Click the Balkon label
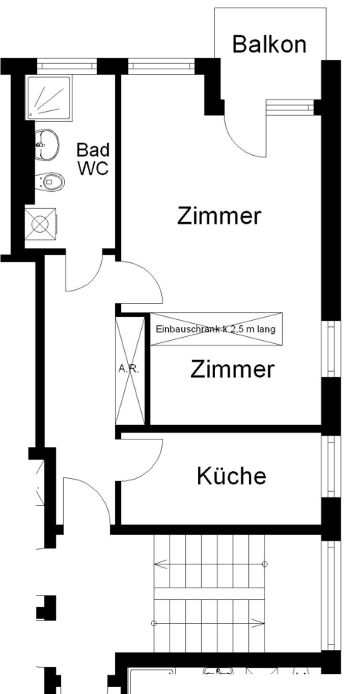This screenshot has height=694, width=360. [x=269, y=44]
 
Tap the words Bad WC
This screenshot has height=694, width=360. [x=93, y=159]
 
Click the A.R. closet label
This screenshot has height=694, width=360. [x=129, y=369]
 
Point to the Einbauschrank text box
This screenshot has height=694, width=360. [x=216, y=328]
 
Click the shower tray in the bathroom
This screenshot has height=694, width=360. [x=49, y=98]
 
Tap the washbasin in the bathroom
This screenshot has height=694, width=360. [x=46, y=144]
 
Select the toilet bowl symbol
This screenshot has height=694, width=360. [x=49, y=181]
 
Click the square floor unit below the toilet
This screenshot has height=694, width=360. [x=40, y=224]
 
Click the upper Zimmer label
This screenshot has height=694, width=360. [x=219, y=216]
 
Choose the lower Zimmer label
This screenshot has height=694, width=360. [x=232, y=369]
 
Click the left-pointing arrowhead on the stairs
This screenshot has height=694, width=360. [x=160, y=564]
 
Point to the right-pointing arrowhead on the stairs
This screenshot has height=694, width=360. [x=258, y=623]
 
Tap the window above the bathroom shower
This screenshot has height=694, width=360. [x=67, y=66]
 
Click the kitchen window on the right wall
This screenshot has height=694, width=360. [x=331, y=466]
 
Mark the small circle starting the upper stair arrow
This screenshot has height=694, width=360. [x=264, y=564]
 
